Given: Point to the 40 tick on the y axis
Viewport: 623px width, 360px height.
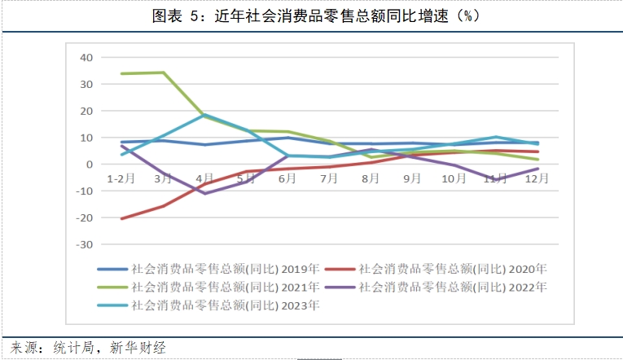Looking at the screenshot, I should click(x=86, y=57).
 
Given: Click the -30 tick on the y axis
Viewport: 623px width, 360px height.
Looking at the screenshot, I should click(x=85, y=244).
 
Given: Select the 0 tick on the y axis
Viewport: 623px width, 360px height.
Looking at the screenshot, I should click(x=90, y=164).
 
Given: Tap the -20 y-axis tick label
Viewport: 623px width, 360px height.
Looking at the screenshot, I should click(x=85, y=217).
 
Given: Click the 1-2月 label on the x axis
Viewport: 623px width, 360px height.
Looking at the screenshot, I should click(x=121, y=177).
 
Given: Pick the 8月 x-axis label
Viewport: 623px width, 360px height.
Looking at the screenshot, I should click(x=370, y=177).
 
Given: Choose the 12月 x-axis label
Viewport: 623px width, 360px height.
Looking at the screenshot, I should click(x=537, y=177).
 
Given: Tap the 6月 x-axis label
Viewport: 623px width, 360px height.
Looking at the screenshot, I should click(x=287, y=177).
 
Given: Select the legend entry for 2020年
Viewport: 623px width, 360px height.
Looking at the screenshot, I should click(x=436, y=268).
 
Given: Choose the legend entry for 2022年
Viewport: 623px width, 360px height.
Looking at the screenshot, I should click(x=436, y=287).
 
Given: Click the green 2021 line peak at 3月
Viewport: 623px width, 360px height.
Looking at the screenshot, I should click(x=163, y=72).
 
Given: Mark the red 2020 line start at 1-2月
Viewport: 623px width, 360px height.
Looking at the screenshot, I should click(x=121, y=218).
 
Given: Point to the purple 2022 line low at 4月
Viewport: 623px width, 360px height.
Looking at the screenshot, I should click(x=204, y=193).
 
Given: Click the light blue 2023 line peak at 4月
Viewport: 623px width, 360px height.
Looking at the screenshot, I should click(x=204, y=114).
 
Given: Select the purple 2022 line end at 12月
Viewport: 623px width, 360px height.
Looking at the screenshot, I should click(x=537, y=169).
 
